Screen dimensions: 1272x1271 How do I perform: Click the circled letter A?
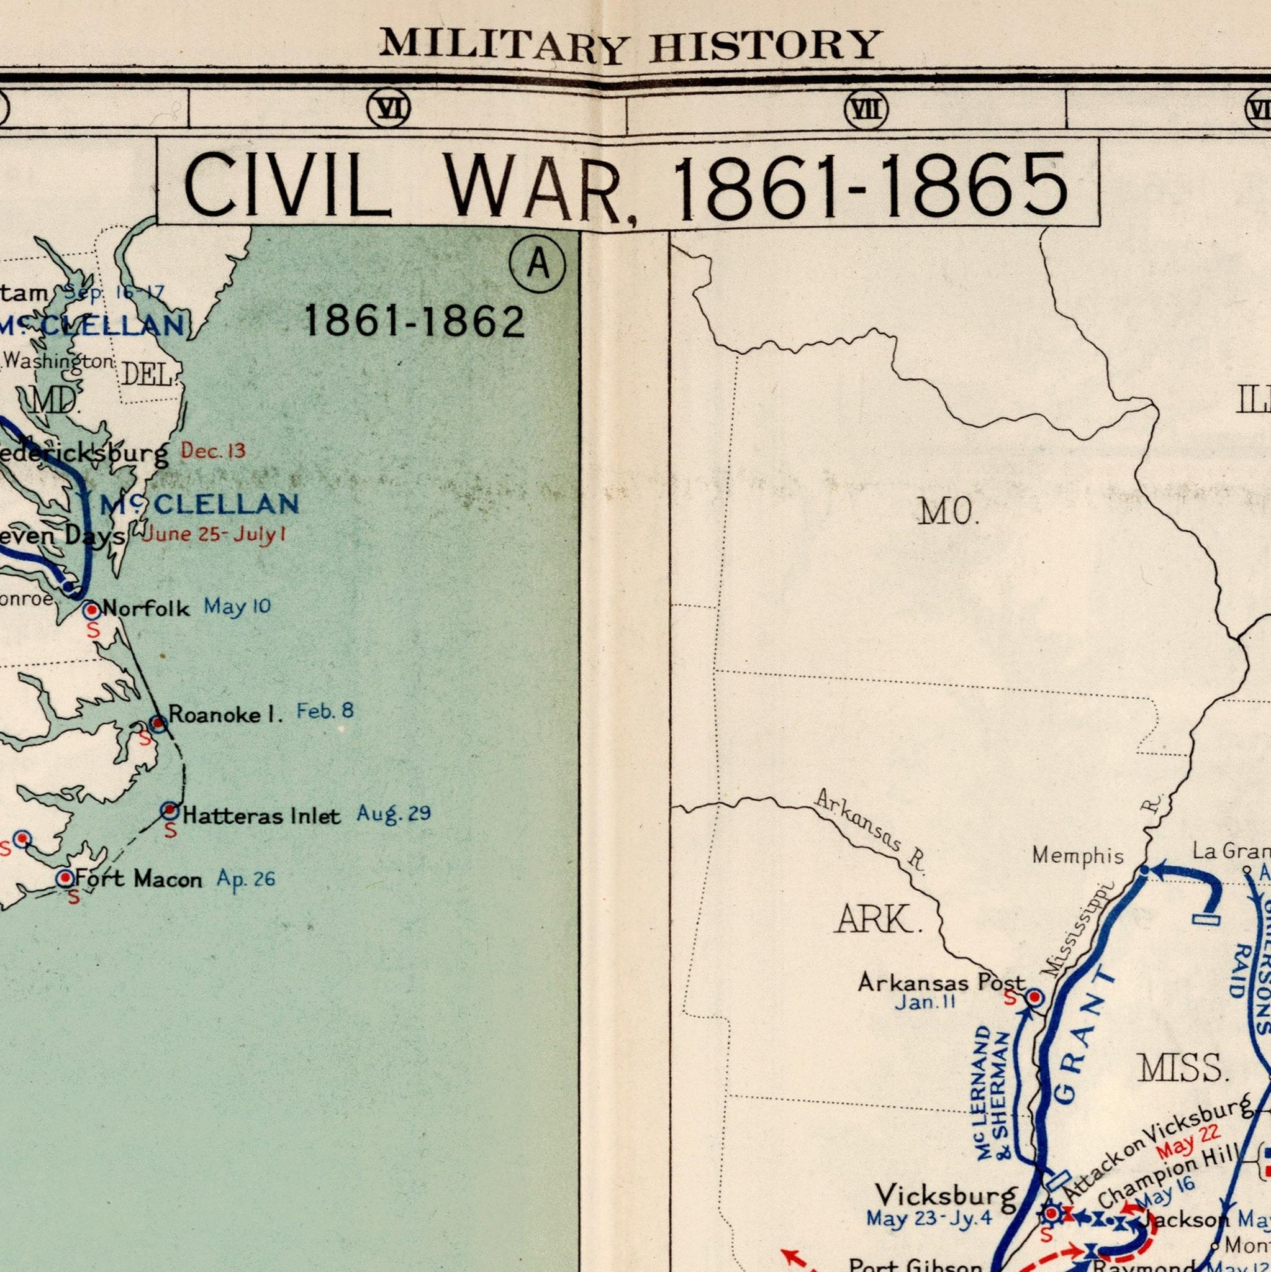coord(537,264)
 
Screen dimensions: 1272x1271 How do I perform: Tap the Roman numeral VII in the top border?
coord(866,109)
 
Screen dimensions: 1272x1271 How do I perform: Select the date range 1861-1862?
coord(414,322)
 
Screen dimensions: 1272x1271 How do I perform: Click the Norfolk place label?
coord(146,607)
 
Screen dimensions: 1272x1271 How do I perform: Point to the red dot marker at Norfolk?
coord(91,611)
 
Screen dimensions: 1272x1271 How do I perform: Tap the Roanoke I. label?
coord(225,714)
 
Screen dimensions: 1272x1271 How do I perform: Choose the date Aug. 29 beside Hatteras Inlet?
coord(394,814)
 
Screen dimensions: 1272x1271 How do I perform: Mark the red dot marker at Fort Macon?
coord(65,878)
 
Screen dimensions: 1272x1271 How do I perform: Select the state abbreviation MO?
coord(949,512)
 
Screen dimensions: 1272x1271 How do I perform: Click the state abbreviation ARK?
coord(878,919)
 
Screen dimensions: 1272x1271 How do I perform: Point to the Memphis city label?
coord(1077,856)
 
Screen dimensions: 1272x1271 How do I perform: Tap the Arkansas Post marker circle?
coord(1034,997)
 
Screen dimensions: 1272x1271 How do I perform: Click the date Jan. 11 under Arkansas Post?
coord(925,1002)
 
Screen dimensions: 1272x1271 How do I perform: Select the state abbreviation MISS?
coord(1183,1068)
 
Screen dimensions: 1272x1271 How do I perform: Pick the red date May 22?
coord(1188,1150)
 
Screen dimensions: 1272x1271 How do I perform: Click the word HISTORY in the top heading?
coord(766,45)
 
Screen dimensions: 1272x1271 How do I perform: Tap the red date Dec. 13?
coord(213,451)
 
